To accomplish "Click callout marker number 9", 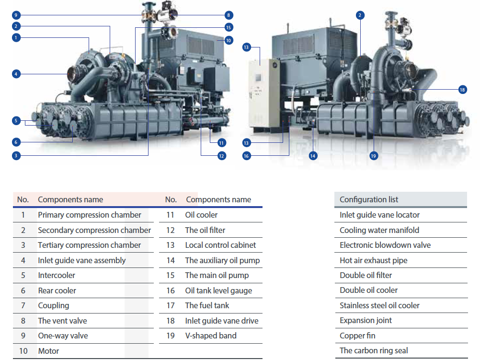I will pyautogui.click(x=16, y=14).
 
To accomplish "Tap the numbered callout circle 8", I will pyautogui.click(x=229, y=15).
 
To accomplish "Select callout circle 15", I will pyautogui.click(x=229, y=27).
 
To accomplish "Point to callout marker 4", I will pyautogui.click(x=16, y=74).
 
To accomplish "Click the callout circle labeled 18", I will pyautogui.click(x=462, y=90).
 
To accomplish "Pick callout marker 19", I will pyautogui.click(x=373, y=155).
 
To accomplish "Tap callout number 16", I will pyautogui.click(x=246, y=155).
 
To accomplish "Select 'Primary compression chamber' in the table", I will pyautogui.click(x=90, y=215).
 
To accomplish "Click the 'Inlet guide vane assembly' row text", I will pyautogui.click(x=81, y=260).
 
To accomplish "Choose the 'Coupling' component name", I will pyautogui.click(x=53, y=305).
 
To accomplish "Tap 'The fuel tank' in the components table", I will pyautogui.click(x=207, y=305).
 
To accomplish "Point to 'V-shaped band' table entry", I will pyautogui.click(x=210, y=336).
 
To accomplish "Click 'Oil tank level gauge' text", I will pyautogui.click(x=218, y=290).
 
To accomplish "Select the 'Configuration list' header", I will pyautogui.click(x=369, y=199).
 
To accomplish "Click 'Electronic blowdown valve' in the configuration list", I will pyautogui.click(x=385, y=245).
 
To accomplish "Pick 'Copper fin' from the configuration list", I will pyautogui.click(x=357, y=336).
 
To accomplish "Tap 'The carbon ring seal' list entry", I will pyautogui.click(x=374, y=350).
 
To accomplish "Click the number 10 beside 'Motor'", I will pyautogui.click(x=23, y=351).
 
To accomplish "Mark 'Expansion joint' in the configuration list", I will pyautogui.click(x=366, y=320).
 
